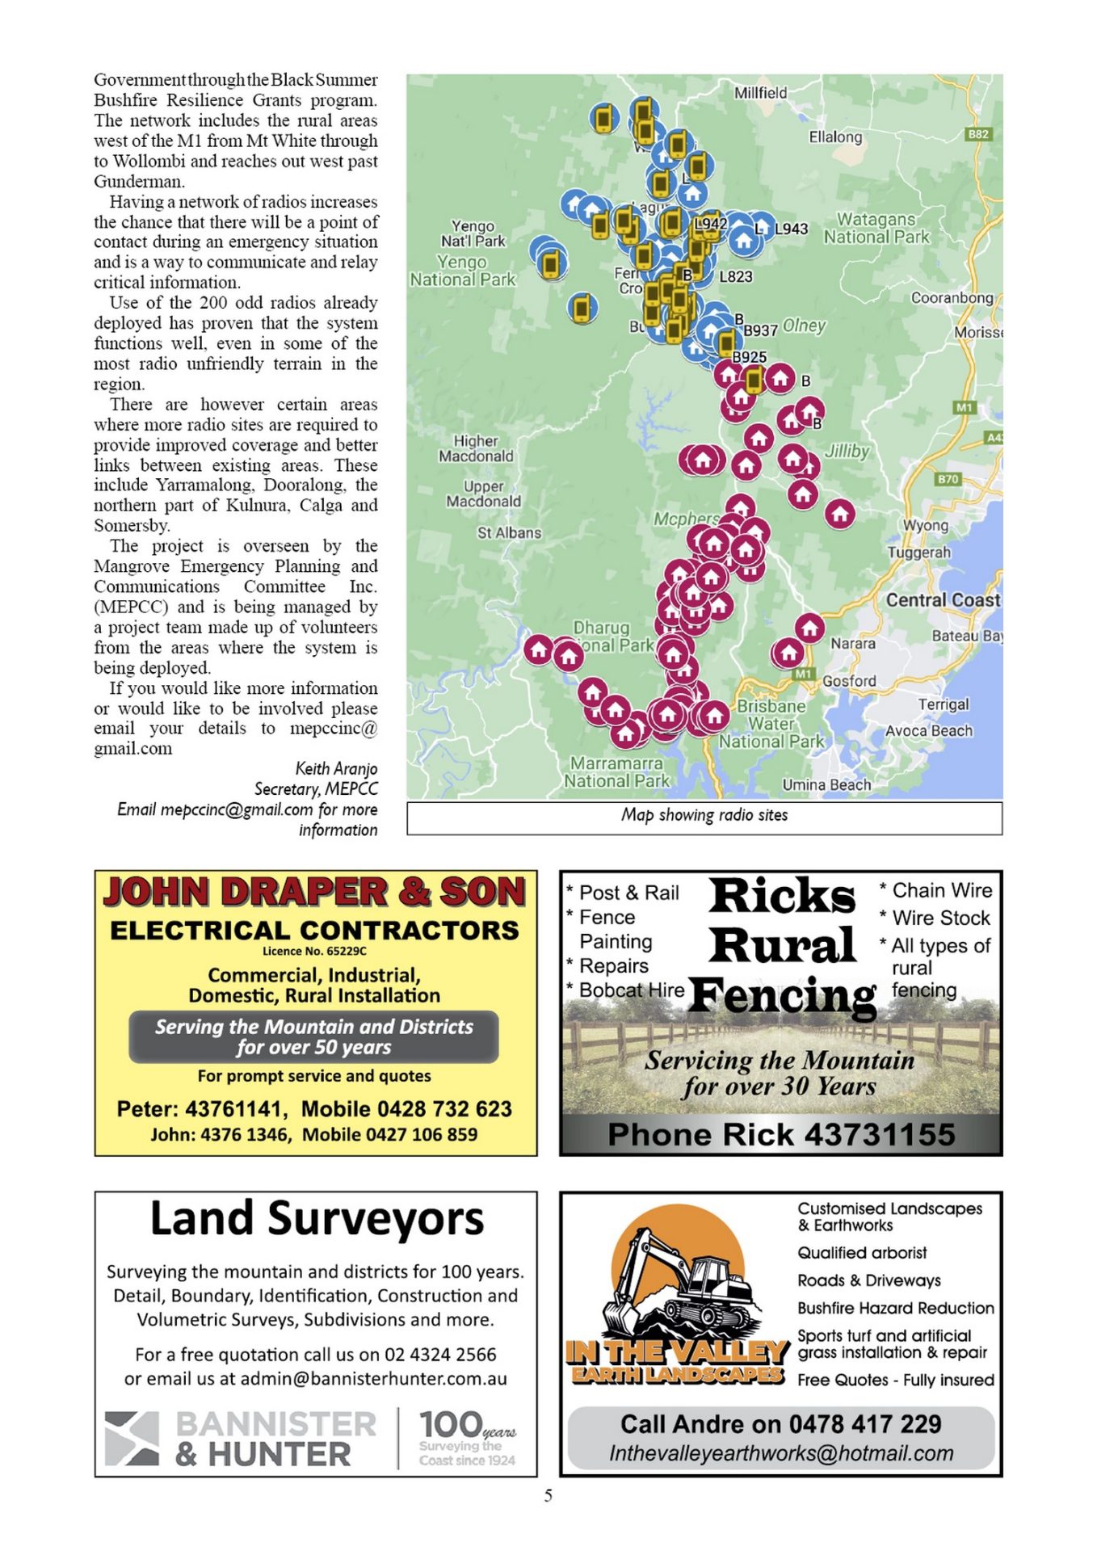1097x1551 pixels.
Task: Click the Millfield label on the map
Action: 760,93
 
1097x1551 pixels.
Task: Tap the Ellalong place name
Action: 835,137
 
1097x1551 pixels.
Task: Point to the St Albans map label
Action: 509,533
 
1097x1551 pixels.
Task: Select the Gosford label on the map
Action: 849,681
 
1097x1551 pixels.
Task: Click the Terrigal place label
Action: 943,704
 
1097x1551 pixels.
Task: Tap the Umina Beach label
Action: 826,784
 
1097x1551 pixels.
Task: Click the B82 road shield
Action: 977,134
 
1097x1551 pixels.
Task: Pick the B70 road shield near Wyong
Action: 947,479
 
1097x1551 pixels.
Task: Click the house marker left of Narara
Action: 809,628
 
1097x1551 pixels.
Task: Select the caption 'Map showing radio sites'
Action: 704,815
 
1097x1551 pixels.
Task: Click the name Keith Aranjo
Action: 336,768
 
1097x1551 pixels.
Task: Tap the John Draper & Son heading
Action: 314,893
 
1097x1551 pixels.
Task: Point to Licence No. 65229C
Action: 314,951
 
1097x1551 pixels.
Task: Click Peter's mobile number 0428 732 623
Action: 406,1108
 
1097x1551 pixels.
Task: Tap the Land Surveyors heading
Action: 317,1219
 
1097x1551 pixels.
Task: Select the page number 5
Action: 548,1495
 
